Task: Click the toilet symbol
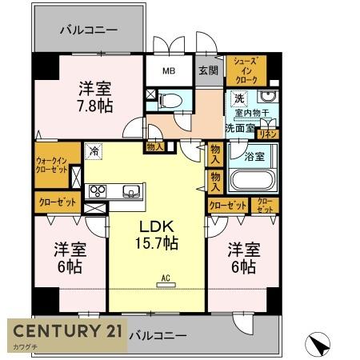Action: point(170,101)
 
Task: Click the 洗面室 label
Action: point(238,126)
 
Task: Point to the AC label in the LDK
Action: point(166,279)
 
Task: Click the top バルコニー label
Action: point(89,30)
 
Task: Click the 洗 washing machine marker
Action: point(238,98)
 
